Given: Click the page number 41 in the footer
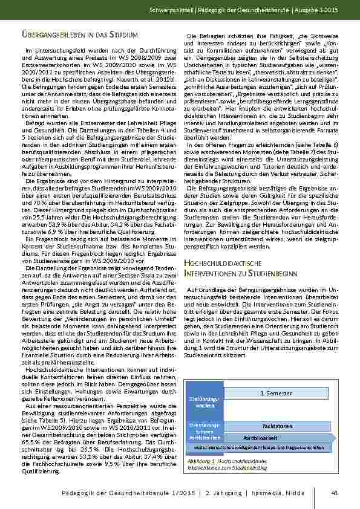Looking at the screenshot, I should coord(335,493).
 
